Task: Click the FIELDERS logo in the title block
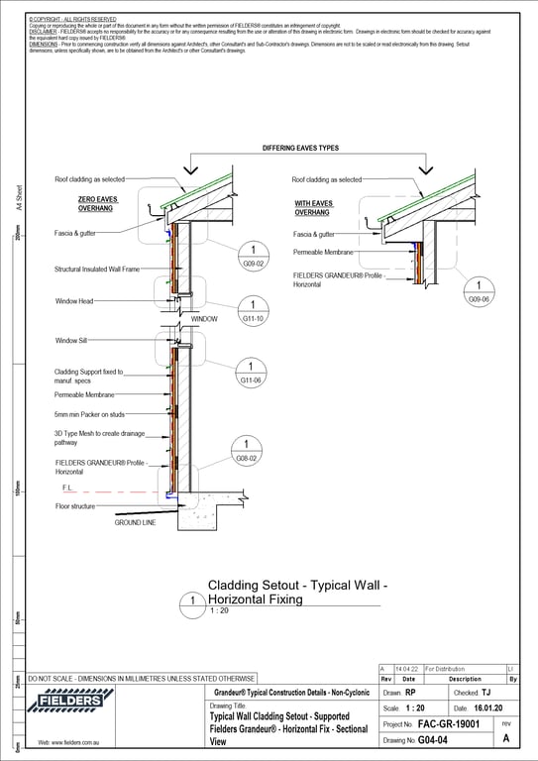[x=68, y=703]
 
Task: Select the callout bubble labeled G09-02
[x=254, y=256]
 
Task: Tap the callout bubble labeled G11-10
[x=254, y=311]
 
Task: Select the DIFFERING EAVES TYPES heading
[x=300, y=148]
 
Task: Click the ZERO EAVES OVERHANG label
[x=97, y=204]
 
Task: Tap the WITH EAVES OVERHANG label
[x=315, y=208]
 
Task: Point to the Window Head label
[x=74, y=300]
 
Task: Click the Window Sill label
[x=72, y=340]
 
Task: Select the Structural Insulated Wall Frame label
[x=97, y=269]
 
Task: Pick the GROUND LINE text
[x=135, y=522]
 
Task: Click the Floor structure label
[x=75, y=506]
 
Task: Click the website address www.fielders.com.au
[x=68, y=742]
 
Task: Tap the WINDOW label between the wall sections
[x=204, y=319]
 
